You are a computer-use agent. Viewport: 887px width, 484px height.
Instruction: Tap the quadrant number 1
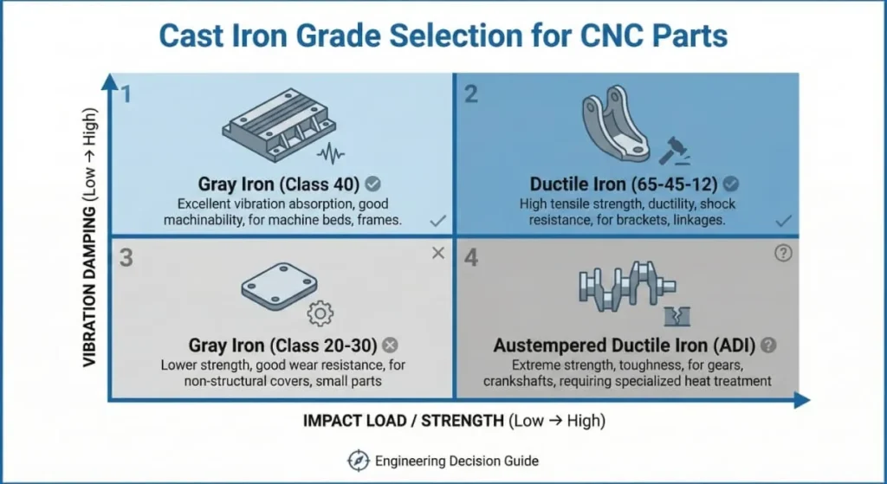(126, 94)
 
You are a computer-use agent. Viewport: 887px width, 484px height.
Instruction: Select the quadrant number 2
(471, 94)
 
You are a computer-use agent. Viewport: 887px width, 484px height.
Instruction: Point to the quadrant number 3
(126, 258)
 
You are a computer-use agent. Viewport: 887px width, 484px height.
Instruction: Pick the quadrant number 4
(471, 258)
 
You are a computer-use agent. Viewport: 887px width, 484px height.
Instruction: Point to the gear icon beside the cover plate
(320, 313)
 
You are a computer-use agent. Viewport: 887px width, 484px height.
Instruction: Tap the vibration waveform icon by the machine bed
(332, 155)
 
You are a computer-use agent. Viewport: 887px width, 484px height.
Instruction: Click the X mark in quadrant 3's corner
(437, 253)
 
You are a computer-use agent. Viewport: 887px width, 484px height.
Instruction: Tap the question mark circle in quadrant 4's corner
(783, 255)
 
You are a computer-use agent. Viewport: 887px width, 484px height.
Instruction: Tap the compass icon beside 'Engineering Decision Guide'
(357, 461)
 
